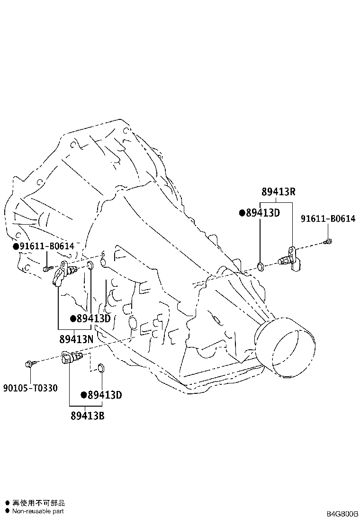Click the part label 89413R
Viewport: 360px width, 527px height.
(279, 191)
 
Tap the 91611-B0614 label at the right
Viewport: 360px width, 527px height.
(328, 218)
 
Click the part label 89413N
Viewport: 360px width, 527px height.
(76, 339)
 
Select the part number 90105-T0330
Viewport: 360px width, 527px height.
(30, 388)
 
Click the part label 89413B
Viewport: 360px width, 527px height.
(87, 416)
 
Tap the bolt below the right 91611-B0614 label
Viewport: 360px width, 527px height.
(328, 241)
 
